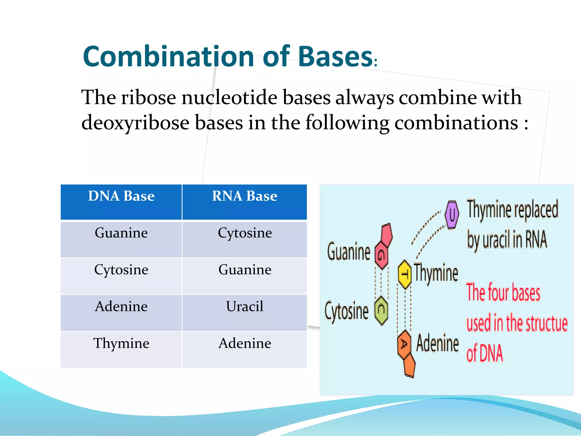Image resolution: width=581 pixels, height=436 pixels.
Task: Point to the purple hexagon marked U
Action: pyautogui.click(x=452, y=214)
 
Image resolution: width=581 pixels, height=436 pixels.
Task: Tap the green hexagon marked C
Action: pyautogui.click(x=381, y=310)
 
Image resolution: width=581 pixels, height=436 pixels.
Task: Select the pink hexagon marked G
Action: pyautogui.click(x=382, y=255)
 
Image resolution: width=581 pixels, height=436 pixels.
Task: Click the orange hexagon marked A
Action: pyautogui.click(x=404, y=344)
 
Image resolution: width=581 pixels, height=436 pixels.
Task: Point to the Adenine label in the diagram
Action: pyautogui.click(x=437, y=343)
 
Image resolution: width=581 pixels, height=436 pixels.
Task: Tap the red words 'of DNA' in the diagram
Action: pyautogui.click(x=485, y=353)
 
